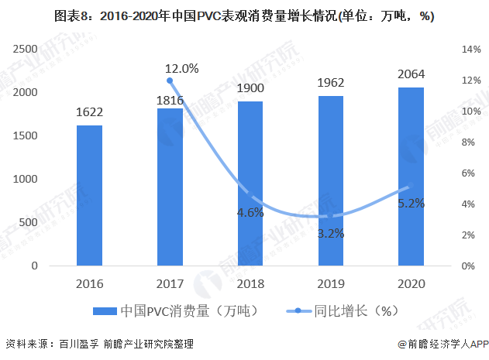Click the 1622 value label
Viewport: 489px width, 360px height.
(x=90, y=112)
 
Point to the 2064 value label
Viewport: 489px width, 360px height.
(x=412, y=74)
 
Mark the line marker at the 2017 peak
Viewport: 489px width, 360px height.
(x=170, y=81)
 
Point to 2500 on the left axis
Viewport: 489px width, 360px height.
(x=27, y=49)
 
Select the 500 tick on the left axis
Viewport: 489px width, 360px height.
(x=29, y=222)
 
